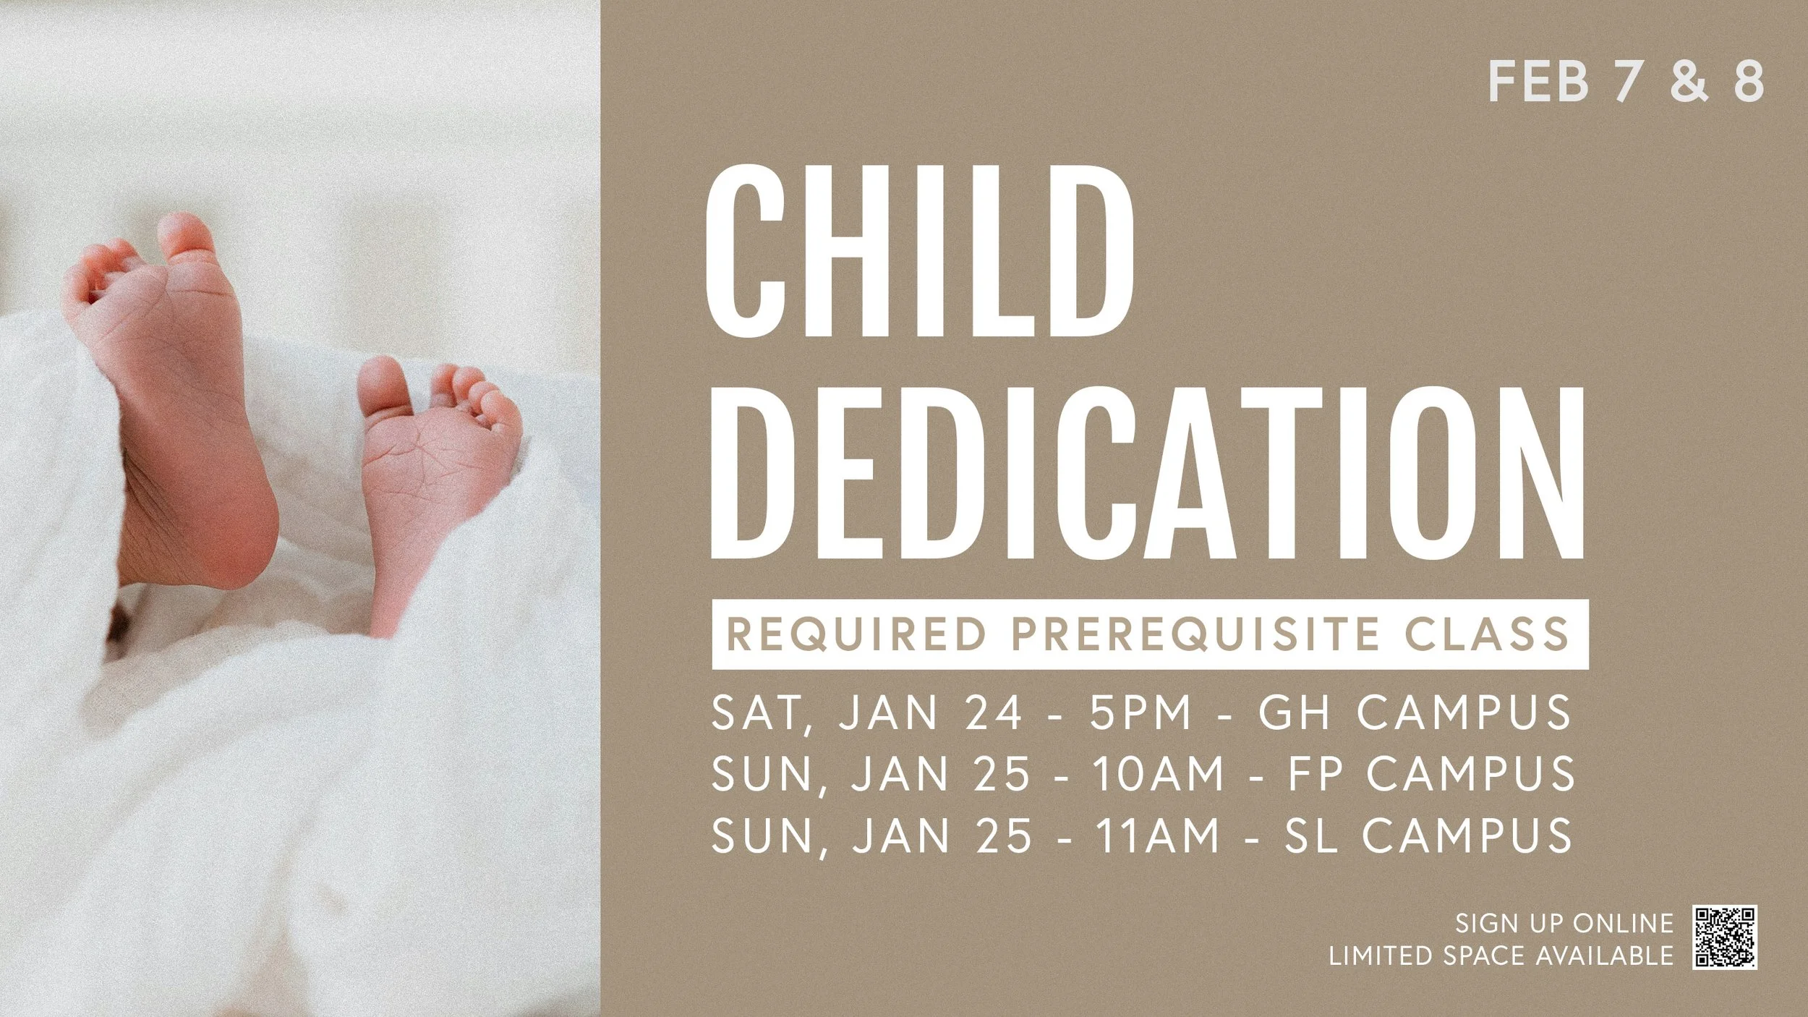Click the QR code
click(x=1724, y=937)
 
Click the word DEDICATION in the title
click(x=1147, y=474)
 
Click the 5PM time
click(x=1140, y=712)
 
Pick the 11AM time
click(x=1156, y=835)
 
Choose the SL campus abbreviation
click(x=1310, y=835)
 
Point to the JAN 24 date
click(x=934, y=712)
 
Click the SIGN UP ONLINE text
click(x=1564, y=923)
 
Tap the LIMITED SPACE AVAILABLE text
click(x=1501, y=956)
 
